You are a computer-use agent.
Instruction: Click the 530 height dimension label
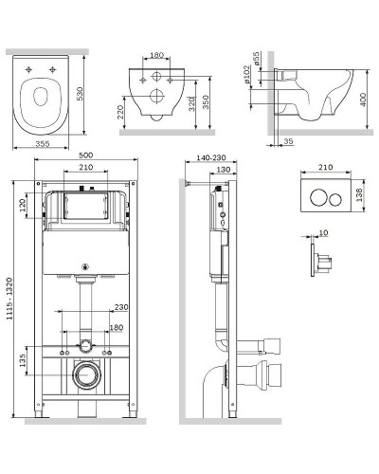pos(81,94)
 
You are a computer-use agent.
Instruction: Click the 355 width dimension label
pos(42,144)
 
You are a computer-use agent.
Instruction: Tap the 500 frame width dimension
pos(86,155)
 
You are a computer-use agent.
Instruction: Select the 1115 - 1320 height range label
pos(9,299)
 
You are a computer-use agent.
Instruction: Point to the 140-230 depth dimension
pos(211,157)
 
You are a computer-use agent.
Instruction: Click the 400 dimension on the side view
pos(363,100)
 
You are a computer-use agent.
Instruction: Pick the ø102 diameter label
pos(247,74)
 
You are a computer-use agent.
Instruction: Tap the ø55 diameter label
pos(256,59)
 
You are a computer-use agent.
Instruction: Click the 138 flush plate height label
pos(359,195)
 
